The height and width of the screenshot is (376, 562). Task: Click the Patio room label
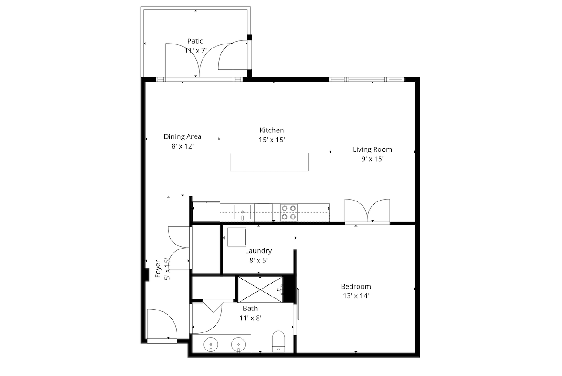tap(195, 41)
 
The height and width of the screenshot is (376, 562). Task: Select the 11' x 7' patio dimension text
tap(195, 51)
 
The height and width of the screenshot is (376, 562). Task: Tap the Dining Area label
tap(182, 137)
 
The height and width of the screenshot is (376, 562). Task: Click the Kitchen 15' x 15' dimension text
tap(272, 140)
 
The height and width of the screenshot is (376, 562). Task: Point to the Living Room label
tap(372, 149)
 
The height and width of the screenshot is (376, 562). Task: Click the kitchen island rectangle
tap(269, 162)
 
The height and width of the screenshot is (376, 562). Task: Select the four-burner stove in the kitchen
tap(289, 212)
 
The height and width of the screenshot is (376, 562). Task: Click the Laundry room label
tap(258, 251)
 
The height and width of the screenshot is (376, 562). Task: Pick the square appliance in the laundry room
tap(237, 237)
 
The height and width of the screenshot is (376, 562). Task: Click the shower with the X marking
tap(260, 289)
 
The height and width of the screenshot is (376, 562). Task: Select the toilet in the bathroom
tap(279, 341)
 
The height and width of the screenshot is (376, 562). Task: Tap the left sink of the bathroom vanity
tap(211, 345)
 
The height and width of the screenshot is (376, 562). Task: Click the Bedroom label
tap(356, 287)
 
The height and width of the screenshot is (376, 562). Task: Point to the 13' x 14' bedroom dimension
tap(356, 296)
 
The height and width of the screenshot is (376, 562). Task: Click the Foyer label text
tap(158, 269)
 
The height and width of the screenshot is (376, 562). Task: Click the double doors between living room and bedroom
tap(367, 211)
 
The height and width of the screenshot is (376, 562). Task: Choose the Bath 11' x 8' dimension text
tap(251, 318)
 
